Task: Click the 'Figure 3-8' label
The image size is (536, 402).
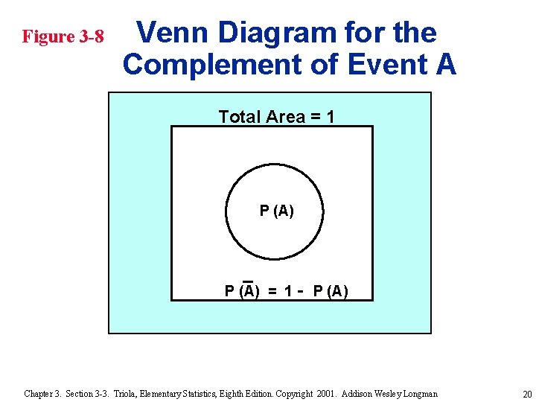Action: (x=63, y=36)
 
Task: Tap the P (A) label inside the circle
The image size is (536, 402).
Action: (x=276, y=211)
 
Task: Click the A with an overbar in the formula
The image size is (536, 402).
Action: (x=249, y=291)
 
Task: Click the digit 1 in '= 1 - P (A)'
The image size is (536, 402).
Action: (x=287, y=291)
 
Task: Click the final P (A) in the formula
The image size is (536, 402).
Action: (x=330, y=291)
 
